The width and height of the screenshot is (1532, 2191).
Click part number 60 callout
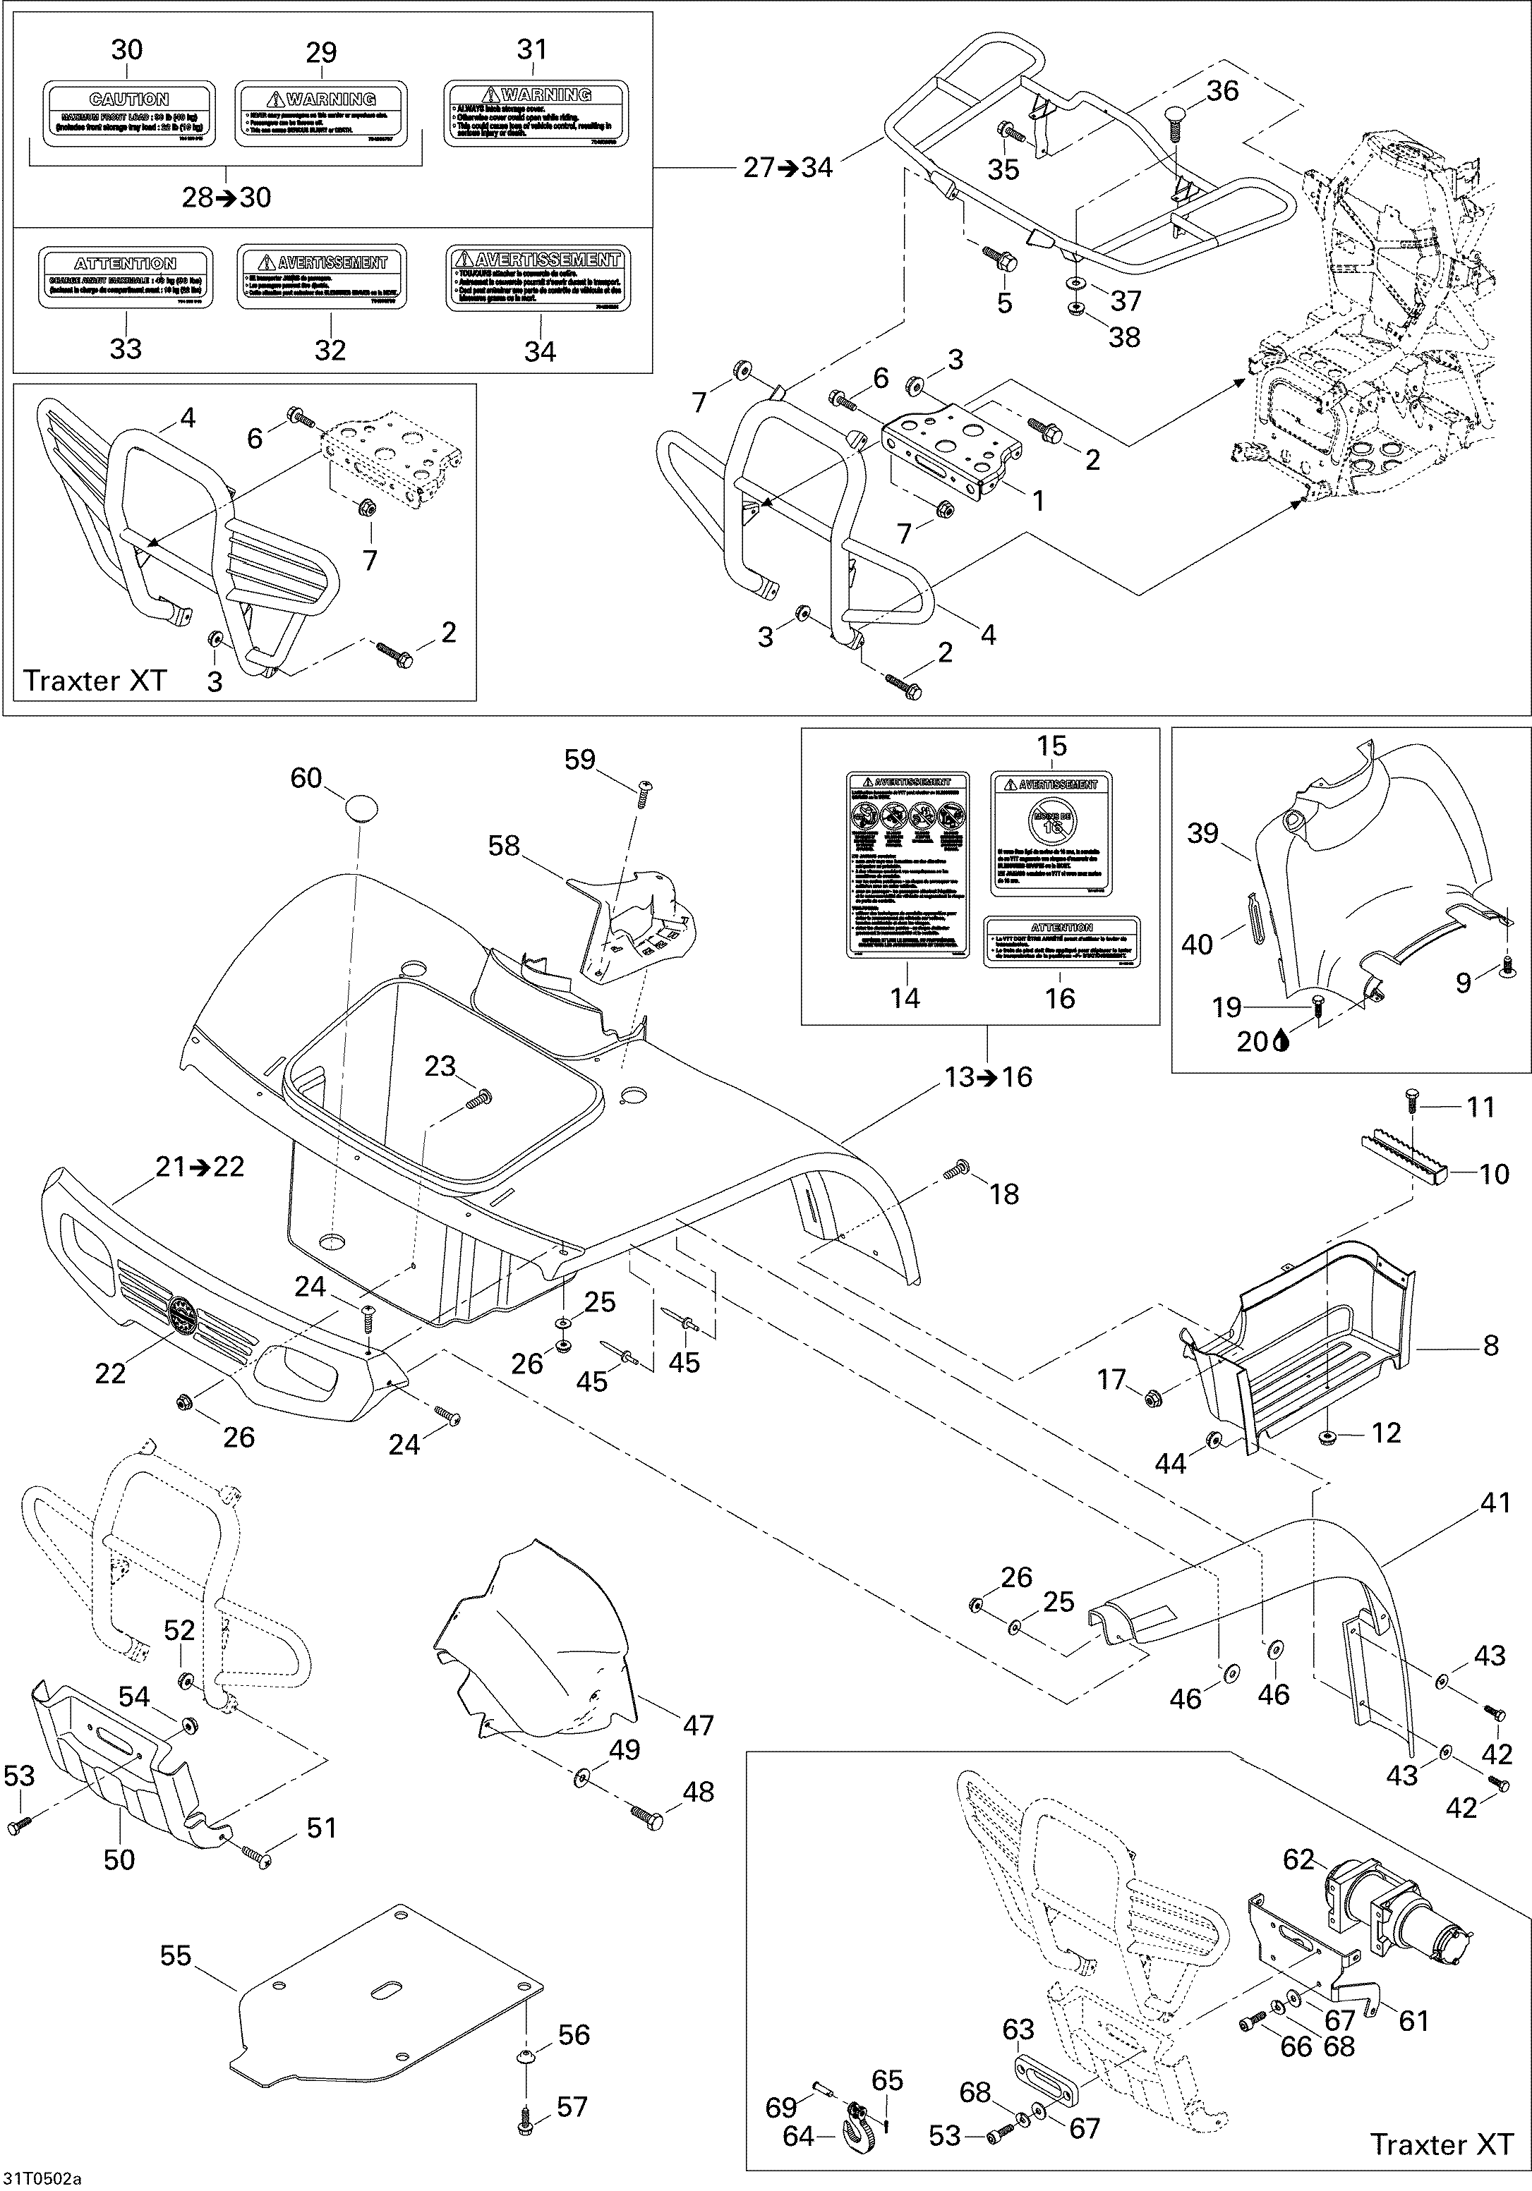click(306, 778)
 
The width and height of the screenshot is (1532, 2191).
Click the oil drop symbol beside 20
click(1280, 1042)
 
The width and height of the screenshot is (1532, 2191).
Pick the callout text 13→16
click(988, 1076)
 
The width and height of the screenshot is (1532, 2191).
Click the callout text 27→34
click(788, 168)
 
